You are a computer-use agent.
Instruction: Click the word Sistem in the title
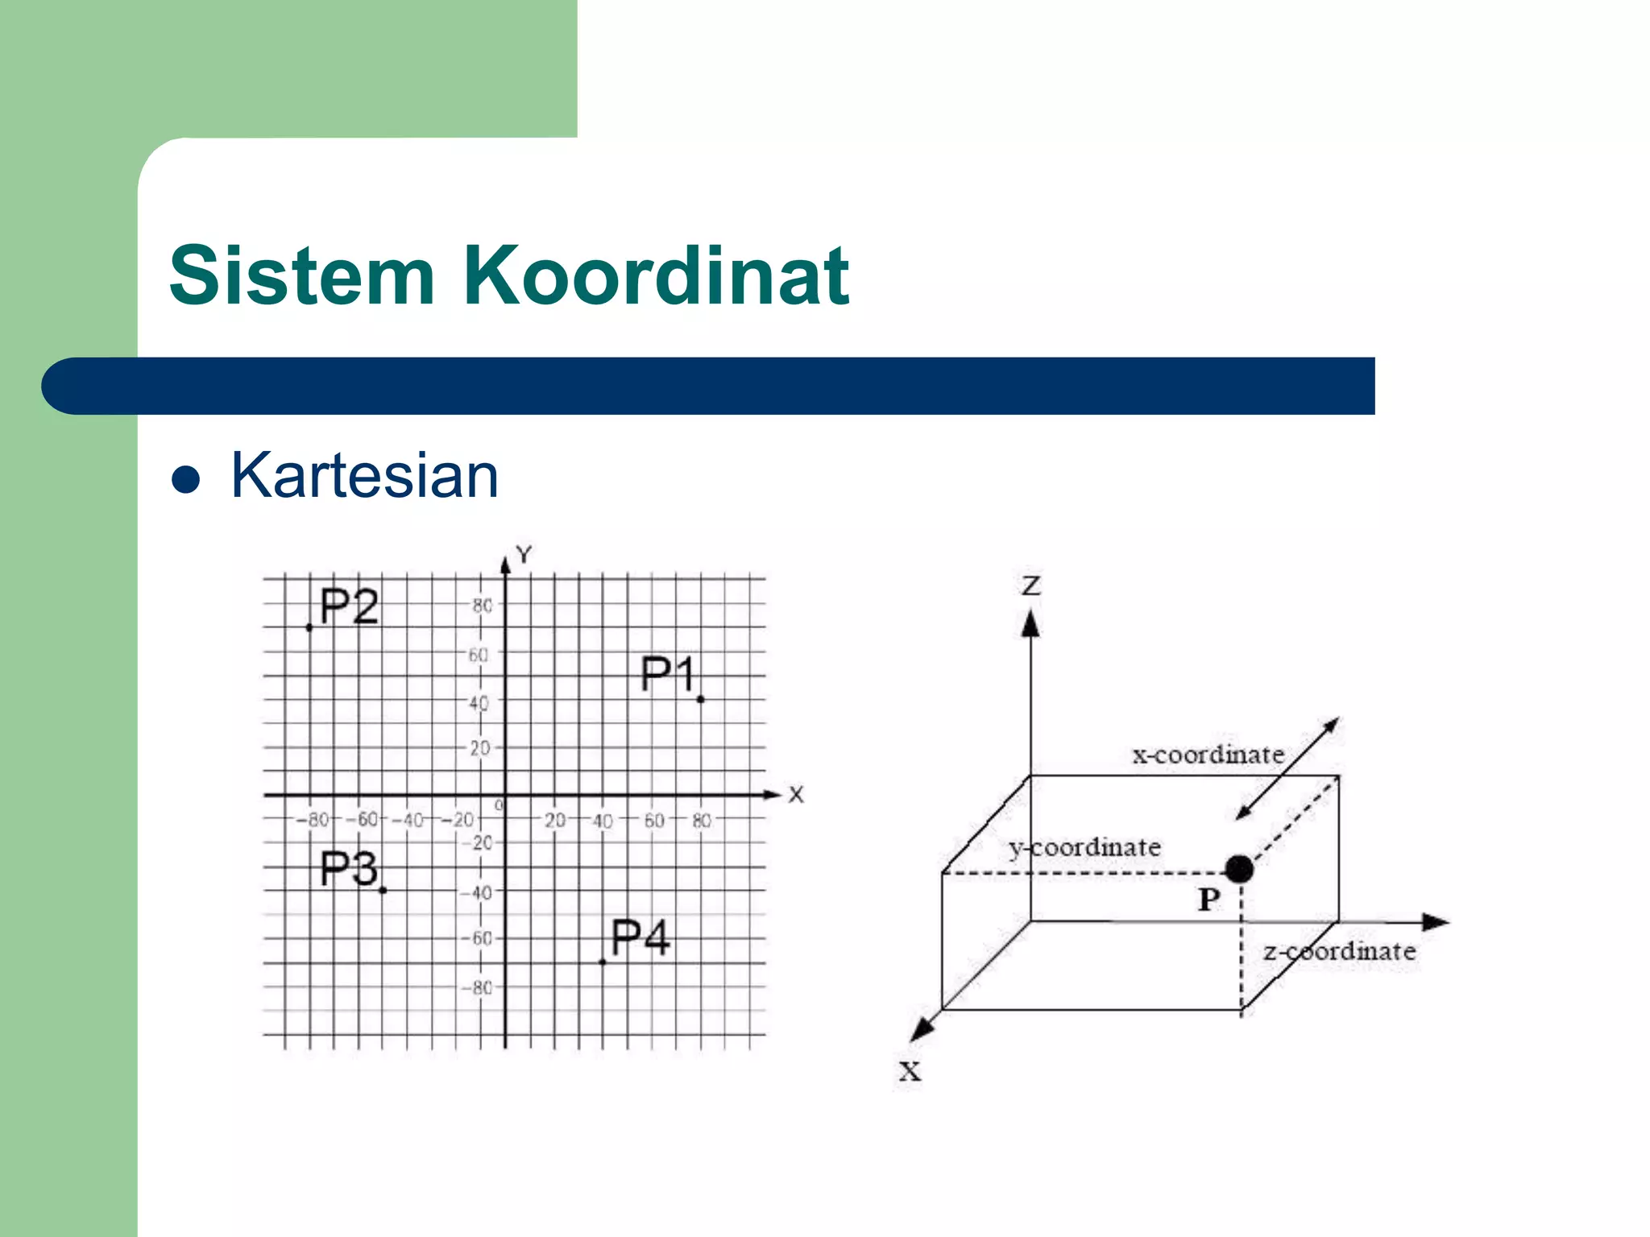[301, 276]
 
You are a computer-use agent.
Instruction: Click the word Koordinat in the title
[656, 276]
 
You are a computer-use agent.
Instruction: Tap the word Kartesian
[364, 476]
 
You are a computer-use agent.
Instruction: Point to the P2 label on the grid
[348, 606]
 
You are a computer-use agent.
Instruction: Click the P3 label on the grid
[348, 869]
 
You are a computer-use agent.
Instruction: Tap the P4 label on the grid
[640, 937]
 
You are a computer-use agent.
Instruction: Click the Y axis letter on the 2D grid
[524, 554]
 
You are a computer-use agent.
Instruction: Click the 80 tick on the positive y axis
[482, 606]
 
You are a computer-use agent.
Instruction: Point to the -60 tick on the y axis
[477, 939]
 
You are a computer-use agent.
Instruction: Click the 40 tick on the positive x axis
[603, 821]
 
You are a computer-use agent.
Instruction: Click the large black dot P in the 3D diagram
[1239, 869]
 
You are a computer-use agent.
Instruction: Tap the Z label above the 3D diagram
[1031, 585]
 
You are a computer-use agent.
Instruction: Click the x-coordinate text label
[1208, 755]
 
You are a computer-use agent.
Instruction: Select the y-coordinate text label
[1084, 847]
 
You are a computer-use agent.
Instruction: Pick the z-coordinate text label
[1339, 952]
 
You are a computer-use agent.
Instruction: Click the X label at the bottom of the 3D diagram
[910, 1072]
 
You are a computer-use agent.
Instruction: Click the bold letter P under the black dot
[1208, 900]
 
